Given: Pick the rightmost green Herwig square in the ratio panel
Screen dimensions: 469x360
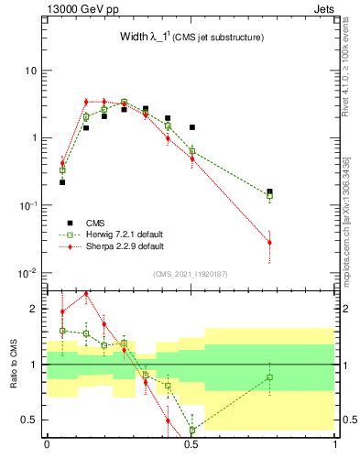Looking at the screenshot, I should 269,377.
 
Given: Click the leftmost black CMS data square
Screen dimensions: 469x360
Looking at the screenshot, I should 62,182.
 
